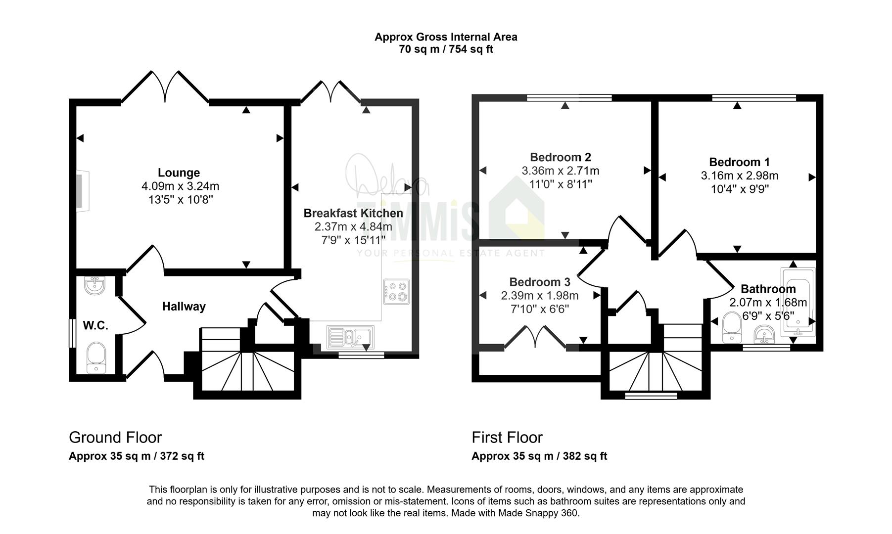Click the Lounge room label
coord(179,173)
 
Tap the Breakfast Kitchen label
coord(353,213)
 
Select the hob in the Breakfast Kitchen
coord(396,292)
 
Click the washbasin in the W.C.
coord(94,285)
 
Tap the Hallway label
coord(184,307)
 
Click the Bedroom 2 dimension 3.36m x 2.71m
coord(561,171)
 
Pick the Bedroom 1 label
coord(739,162)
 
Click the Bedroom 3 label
coord(540,282)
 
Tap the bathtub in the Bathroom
coord(798,302)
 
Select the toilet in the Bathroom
coord(731,327)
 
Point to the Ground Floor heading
coord(115,438)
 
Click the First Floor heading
coord(507,438)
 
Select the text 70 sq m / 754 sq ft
coord(446,49)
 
